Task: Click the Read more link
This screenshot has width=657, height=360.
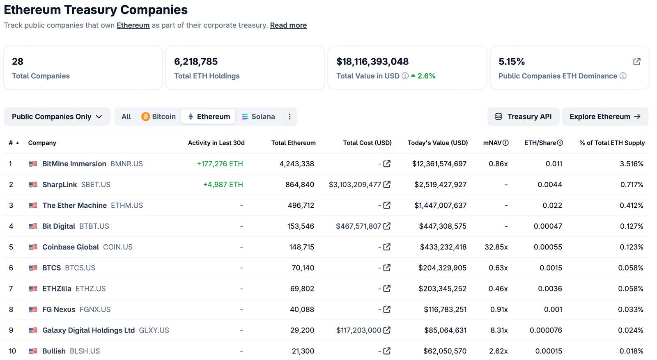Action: pos(288,25)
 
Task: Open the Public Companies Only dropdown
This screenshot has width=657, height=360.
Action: pos(57,117)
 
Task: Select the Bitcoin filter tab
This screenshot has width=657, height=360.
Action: pos(159,117)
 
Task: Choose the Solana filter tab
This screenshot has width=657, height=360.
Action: pos(258,117)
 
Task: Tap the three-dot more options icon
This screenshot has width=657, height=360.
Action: pos(289,117)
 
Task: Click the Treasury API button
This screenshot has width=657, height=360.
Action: pos(523,117)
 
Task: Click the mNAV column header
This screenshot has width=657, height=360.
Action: pos(492,143)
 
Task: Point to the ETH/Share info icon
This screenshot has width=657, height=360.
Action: pos(560,143)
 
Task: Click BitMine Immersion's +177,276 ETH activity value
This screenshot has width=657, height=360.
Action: pos(220,164)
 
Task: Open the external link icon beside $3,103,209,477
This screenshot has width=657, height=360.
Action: pos(387,185)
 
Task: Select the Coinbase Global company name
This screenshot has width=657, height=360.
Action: pos(70,247)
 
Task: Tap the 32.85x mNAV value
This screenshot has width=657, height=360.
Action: pos(496,247)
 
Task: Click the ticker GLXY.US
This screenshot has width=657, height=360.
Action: pos(154,330)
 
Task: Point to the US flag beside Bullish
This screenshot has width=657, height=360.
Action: pos(33,351)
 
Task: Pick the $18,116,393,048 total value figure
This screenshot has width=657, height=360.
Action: pos(372,62)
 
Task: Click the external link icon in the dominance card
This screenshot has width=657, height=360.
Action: pos(636,62)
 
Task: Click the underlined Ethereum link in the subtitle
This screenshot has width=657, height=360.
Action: pos(133,25)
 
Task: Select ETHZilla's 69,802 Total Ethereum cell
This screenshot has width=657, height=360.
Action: pos(302,289)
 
